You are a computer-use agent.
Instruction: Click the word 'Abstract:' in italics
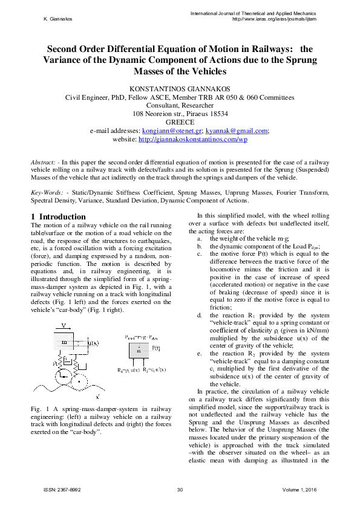click(44, 163)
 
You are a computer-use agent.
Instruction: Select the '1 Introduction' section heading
click(58, 216)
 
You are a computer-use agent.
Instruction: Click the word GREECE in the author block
click(180, 122)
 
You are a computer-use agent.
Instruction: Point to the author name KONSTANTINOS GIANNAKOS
click(180, 88)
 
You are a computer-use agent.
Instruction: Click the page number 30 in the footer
click(180, 489)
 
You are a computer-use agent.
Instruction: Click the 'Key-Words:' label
click(47, 192)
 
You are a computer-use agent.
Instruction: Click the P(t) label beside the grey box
click(155, 348)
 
